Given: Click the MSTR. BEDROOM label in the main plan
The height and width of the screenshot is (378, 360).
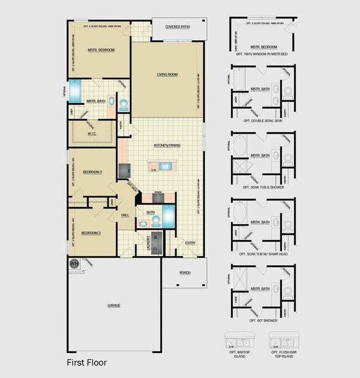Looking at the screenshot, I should pyautogui.click(x=101, y=50).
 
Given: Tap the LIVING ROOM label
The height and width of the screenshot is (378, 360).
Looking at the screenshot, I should pyautogui.click(x=167, y=74).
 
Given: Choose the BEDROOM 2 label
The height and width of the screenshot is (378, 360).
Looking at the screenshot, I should pyautogui.click(x=92, y=172).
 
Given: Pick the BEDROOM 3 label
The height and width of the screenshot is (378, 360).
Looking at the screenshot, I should pyautogui.click(x=91, y=233).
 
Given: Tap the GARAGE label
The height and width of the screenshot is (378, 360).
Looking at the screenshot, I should pyautogui.click(x=114, y=305).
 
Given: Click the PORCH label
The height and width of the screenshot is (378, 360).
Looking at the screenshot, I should pyautogui.click(x=184, y=273).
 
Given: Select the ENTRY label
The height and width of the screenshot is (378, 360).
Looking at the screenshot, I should pyautogui.click(x=190, y=243).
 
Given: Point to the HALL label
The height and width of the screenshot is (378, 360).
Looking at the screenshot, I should pyautogui.click(x=125, y=214).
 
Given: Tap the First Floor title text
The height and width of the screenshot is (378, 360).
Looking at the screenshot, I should pyautogui.click(x=87, y=362).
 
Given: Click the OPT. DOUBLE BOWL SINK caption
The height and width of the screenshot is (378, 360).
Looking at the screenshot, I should pyautogui.click(x=263, y=121).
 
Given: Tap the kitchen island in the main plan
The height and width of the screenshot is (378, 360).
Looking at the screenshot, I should pyautogui.click(x=159, y=165).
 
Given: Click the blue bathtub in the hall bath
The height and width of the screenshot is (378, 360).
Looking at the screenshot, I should pyautogui.click(x=168, y=214).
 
